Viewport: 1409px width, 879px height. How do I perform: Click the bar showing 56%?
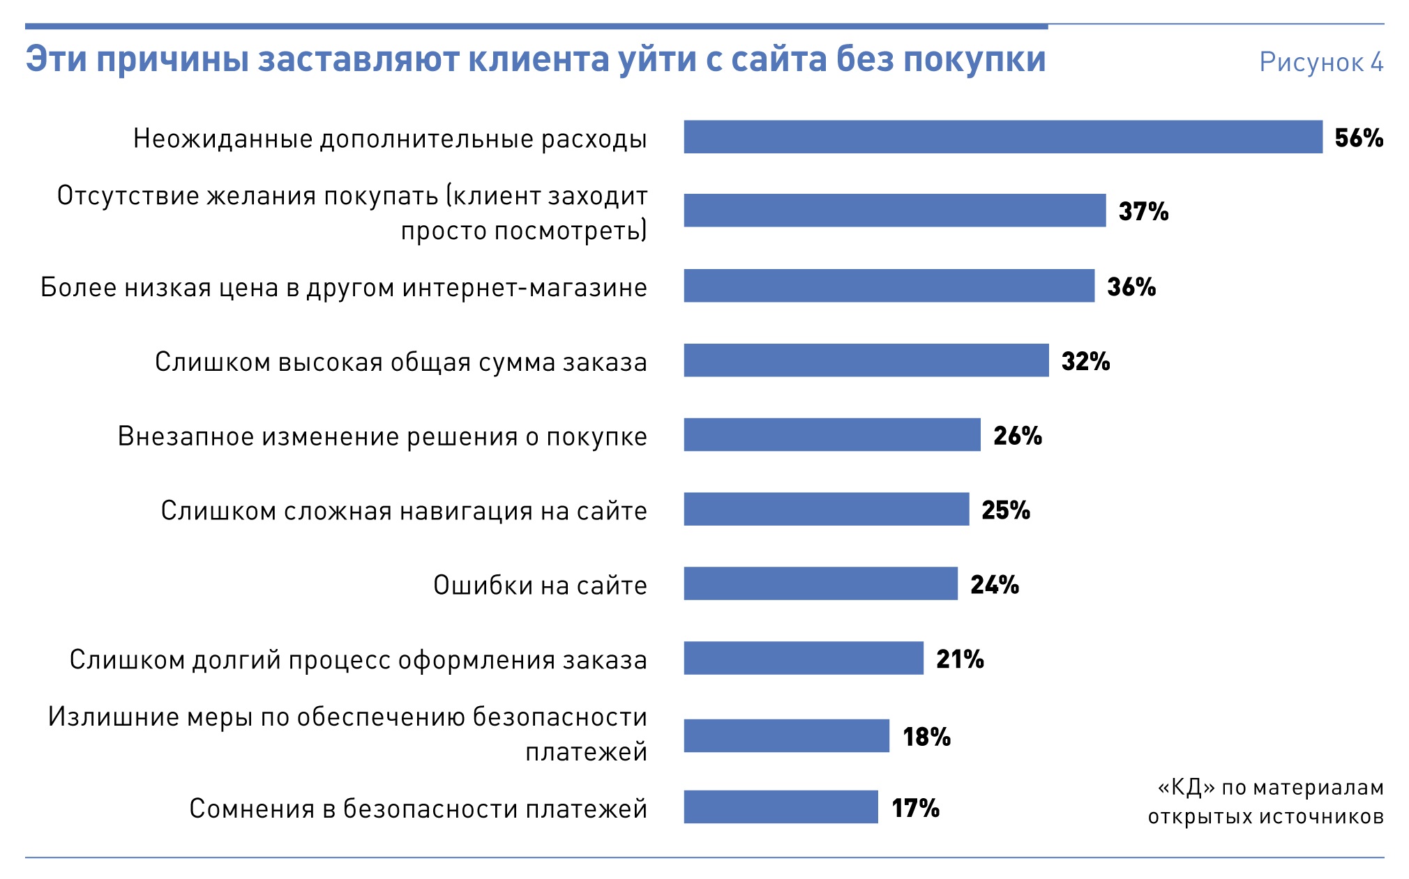pos(1002,137)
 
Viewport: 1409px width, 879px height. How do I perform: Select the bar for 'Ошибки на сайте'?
pos(820,583)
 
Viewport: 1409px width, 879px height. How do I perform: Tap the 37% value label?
pos(1143,211)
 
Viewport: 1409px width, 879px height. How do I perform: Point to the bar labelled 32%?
pos(866,360)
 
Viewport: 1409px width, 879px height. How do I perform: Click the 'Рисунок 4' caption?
pos(1320,62)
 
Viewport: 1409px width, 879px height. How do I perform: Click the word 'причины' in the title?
pos(172,59)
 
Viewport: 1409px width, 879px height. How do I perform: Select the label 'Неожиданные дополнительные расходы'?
pos(390,139)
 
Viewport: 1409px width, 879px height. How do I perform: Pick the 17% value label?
pos(915,808)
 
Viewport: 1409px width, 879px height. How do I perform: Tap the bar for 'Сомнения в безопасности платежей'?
pos(781,807)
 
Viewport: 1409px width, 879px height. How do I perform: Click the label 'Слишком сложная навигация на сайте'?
pos(404,511)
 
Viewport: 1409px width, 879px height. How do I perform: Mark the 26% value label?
pos(1017,436)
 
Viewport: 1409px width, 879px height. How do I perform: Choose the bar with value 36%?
pos(889,286)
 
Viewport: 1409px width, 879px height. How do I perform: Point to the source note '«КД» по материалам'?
pos(1270,788)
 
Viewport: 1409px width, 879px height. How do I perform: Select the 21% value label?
pos(960,659)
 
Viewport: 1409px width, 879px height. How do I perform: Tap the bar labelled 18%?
pos(786,735)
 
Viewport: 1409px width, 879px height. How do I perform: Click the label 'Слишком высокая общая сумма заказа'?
pos(401,362)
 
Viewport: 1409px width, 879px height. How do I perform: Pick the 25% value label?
pos(1005,510)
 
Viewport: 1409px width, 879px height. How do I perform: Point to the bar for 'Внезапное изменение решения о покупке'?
pos(831,435)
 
